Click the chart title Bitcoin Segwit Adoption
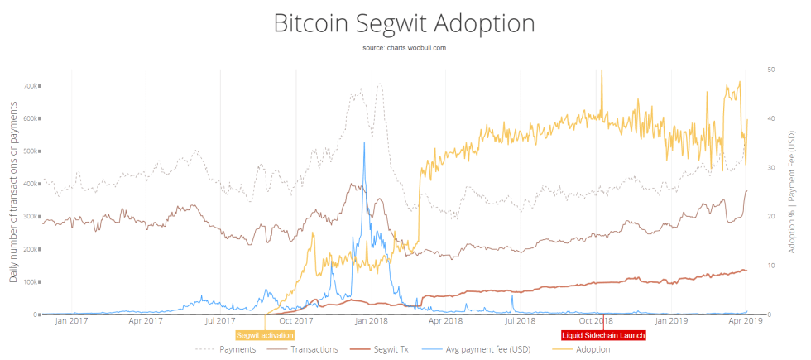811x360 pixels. point(405,22)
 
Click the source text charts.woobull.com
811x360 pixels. point(405,48)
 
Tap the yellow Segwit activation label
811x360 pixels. point(264,335)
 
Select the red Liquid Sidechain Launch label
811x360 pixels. point(602,335)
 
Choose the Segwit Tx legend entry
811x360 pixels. point(383,349)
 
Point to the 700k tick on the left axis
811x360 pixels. point(33,86)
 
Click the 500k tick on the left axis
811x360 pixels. point(33,151)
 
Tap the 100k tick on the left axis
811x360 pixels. point(33,282)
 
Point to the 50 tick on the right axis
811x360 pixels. point(770,70)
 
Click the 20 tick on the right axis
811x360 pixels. point(770,217)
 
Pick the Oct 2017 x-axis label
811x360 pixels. point(296,320)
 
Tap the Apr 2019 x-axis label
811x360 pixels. point(746,320)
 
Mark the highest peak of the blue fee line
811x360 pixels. point(364,143)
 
